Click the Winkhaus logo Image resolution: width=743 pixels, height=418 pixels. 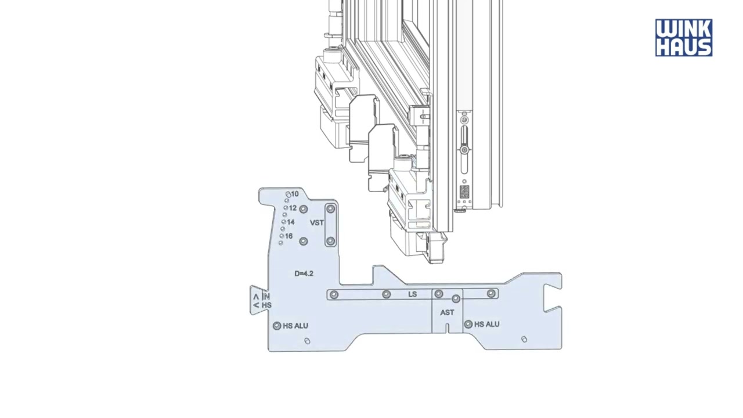point(684,38)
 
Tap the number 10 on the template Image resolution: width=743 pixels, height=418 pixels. point(295,194)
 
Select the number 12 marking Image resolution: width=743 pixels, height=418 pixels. point(293,208)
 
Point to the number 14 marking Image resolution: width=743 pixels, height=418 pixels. point(291,222)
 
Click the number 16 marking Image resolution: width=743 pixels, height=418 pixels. point(288,236)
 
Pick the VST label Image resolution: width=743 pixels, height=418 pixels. point(317,223)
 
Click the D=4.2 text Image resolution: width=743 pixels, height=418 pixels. point(304,273)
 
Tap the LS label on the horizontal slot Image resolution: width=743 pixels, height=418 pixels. point(413,294)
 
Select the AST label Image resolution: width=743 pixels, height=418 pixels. point(447,312)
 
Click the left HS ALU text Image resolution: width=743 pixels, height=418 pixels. point(295,326)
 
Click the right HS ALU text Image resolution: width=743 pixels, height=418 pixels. point(487,324)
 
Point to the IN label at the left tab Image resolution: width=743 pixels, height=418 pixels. point(266,296)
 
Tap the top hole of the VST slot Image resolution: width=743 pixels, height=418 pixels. point(330,209)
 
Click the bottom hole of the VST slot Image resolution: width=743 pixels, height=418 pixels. point(330,241)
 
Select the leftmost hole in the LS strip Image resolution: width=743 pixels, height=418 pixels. point(334,294)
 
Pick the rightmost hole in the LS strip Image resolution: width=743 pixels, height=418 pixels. point(491,293)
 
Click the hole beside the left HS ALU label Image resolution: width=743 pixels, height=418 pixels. point(277,326)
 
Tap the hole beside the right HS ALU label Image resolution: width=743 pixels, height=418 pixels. point(468,324)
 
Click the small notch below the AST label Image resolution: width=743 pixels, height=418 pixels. point(447,328)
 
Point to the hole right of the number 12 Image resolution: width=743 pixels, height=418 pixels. point(304,210)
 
